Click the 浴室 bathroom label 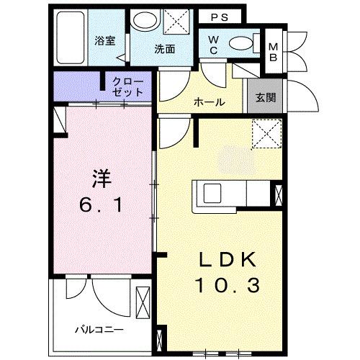point(105,40)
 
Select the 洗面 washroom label point(165,50)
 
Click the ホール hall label point(210,102)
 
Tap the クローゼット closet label point(127,87)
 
